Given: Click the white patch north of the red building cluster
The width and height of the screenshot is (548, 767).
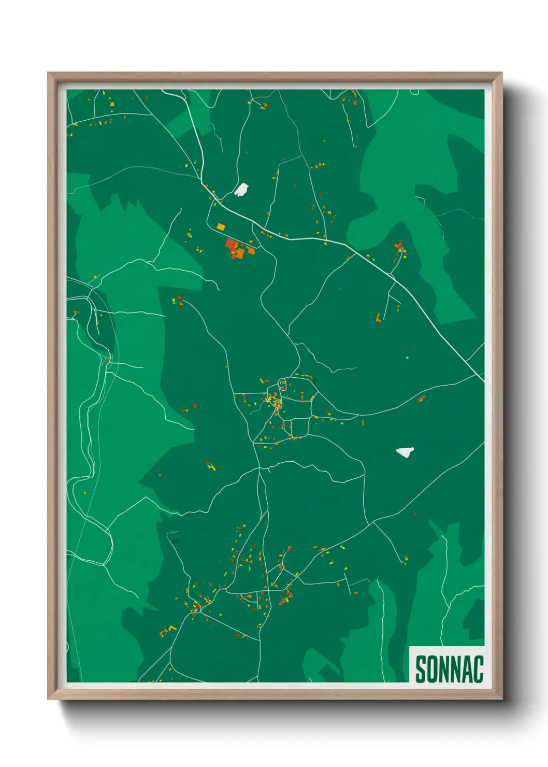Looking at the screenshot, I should click(x=241, y=190).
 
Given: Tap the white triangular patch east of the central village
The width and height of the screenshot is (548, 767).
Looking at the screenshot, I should click(x=405, y=452).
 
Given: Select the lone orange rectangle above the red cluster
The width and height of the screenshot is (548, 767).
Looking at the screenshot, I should click(x=221, y=226).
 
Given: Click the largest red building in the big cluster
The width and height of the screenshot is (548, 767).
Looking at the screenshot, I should click(x=231, y=244).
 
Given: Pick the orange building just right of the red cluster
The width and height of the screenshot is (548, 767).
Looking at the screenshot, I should click(x=251, y=250).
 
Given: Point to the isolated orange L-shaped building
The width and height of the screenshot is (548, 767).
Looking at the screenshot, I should click(x=379, y=318).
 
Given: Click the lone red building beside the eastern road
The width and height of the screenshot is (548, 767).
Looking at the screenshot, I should click(x=421, y=399).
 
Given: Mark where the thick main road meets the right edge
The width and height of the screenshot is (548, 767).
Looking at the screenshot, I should click(x=483, y=381).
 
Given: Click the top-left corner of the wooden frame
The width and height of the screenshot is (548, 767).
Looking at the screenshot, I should click(x=48, y=73).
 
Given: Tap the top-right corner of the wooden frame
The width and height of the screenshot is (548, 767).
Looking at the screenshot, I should click(x=501, y=73).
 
